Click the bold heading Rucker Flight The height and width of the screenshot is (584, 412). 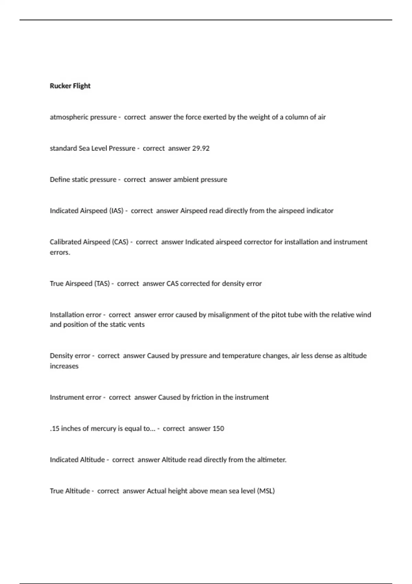70,86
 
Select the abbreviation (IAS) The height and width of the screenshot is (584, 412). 116,211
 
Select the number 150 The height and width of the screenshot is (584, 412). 218,429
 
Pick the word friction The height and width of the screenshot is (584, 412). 202,397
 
